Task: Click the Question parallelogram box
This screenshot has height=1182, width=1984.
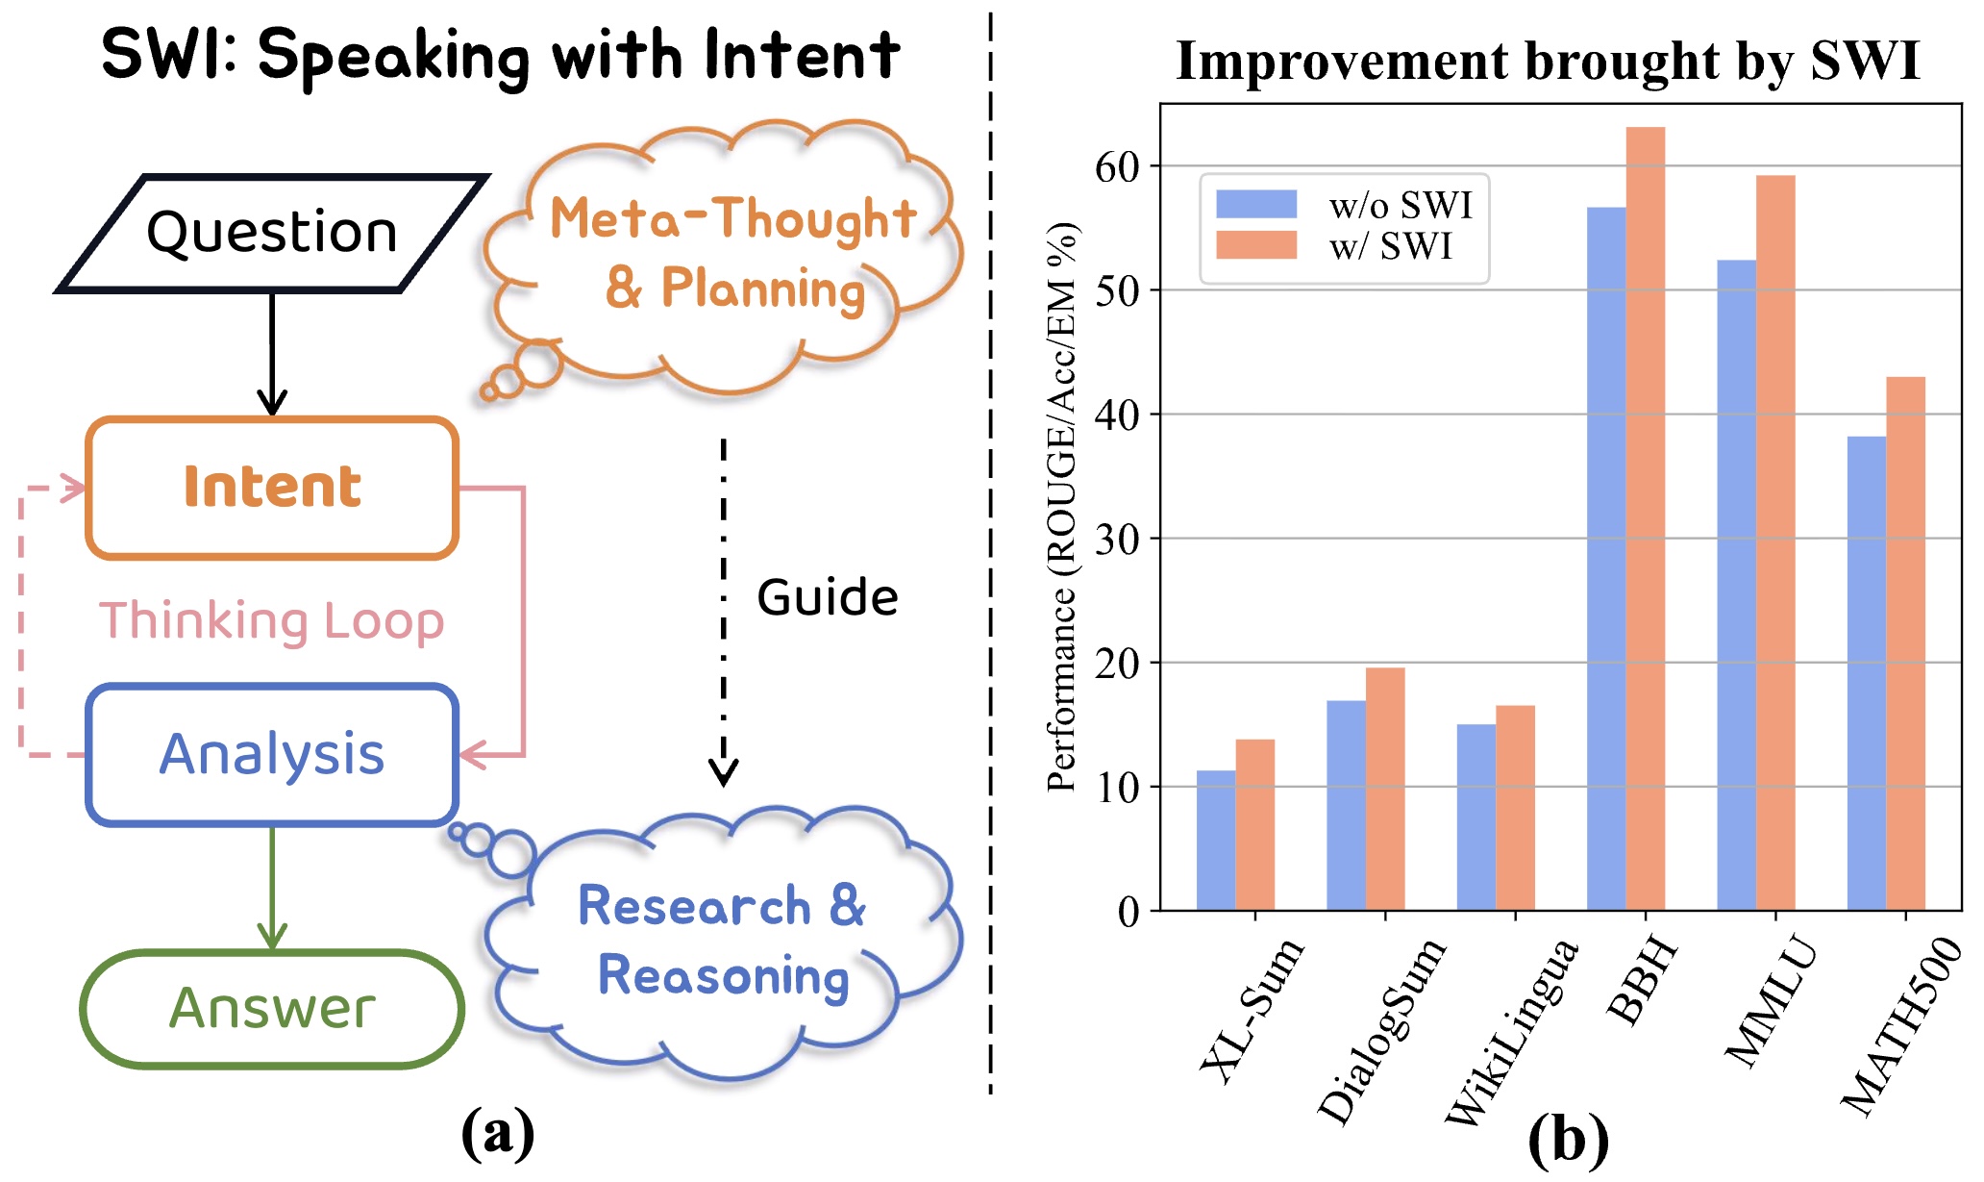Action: pos(272,233)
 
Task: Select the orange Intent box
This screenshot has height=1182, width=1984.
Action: pos(272,487)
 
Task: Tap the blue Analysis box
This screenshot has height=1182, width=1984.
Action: pos(272,754)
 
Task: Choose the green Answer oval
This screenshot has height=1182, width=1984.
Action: pos(272,1008)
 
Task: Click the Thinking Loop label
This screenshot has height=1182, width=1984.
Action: pos(272,620)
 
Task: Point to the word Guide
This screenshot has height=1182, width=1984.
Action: pos(827,597)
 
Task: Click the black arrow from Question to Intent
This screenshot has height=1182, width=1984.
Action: pos(272,351)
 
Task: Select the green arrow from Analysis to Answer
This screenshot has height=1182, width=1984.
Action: pos(272,885)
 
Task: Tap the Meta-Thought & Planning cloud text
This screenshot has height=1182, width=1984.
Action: pos(732,253)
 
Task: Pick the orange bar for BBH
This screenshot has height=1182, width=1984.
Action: pos(1646,519)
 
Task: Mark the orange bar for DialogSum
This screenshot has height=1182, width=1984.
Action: pos(1385,789)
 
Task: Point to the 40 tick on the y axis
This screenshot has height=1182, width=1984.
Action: pos(1118,415)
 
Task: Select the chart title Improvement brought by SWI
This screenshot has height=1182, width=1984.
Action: pos(1548,61)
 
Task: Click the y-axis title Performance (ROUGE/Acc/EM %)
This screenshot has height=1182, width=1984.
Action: pos(1062,507)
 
